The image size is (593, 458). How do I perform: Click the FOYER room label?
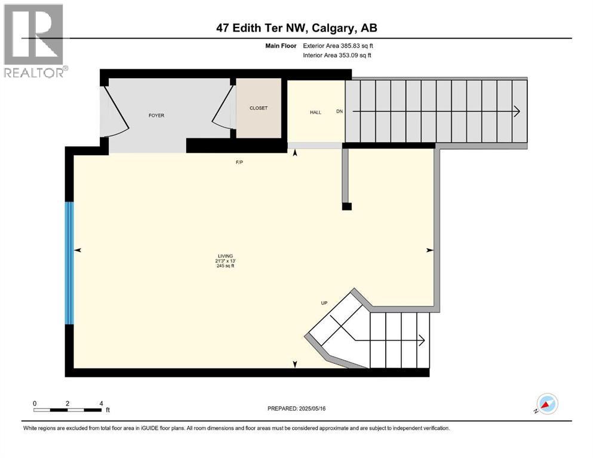[156, 116]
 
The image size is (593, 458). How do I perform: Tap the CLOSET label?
[259, 108]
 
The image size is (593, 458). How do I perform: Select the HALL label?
[315, 112]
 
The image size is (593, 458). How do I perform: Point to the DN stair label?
[340, 112]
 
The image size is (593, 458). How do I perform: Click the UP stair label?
[324, 303]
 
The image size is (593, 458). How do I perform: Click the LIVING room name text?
[225, 256]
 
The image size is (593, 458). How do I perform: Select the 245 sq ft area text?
[225, 266]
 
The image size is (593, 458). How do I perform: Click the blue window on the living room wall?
[69, 263]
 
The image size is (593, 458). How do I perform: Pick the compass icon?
[547, 404]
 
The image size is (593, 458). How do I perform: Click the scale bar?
[67, 410]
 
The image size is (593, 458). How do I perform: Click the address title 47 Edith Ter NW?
[297, 28]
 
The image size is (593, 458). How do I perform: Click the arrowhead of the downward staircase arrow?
[516, 112]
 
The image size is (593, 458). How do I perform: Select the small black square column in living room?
[346, 206]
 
